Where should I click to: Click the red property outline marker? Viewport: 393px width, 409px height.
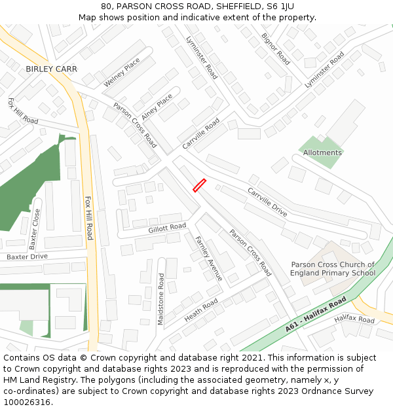coord(200,186)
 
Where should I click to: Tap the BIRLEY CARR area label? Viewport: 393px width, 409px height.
coord(51,69)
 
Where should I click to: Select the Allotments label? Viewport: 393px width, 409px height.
coord(322,152)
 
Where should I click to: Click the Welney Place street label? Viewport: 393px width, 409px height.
coord(122,73)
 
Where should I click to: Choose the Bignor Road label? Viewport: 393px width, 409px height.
coord(276,48)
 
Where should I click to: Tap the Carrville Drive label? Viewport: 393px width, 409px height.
coord(267,202)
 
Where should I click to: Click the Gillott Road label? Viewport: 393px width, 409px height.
coord(167,227)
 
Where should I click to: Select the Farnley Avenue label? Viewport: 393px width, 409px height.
coord(209,258)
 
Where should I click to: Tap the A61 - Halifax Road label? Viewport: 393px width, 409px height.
coord(316,314)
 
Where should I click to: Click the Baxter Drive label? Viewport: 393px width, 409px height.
coord(27,257)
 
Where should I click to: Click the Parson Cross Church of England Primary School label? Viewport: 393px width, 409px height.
coord(333,269)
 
